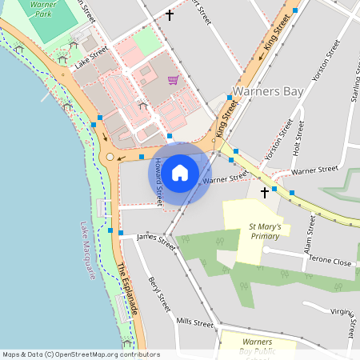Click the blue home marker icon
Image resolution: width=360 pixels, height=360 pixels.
[180, 173]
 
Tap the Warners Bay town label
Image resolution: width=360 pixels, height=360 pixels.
[268, 91]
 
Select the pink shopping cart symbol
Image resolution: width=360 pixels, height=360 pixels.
[173, 80]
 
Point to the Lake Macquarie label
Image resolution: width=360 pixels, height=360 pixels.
[88, 252]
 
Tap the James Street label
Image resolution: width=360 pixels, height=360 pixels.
[156, 239]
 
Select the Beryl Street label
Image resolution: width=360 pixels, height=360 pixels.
[159, 294]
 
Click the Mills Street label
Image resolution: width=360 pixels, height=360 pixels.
[195, 322]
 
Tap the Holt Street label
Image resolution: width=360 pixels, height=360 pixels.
[298, 137]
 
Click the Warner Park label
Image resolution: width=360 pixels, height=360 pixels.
[40, 9]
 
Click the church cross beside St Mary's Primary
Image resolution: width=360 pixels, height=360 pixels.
[264, 193]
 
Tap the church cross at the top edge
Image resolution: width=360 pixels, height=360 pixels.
[169, 15]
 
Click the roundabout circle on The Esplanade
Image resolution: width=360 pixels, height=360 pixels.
[110, 157]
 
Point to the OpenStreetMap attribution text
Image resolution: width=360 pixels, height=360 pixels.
[80, 354]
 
